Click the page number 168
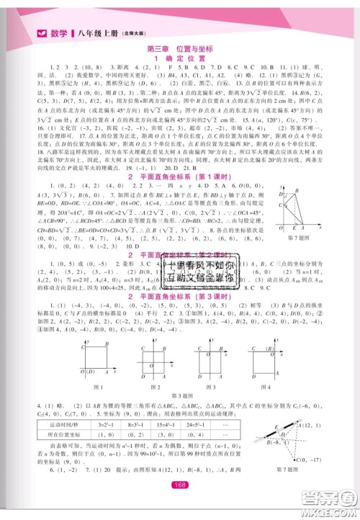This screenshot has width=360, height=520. click(x=180, y=505)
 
